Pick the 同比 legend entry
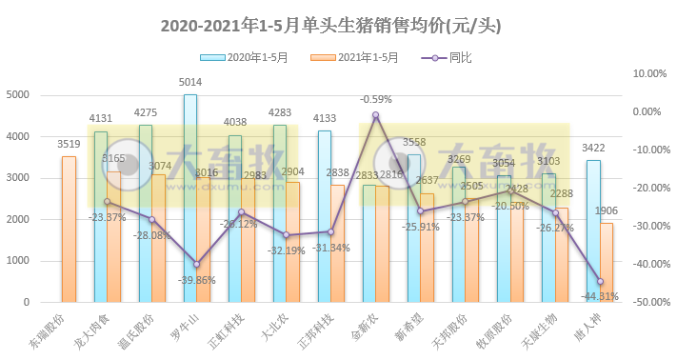(445, 58)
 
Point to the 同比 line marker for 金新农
(376, 114)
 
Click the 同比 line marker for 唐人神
(600, 281)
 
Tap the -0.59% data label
(376, 99)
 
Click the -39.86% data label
(197, 280)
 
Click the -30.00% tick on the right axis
(647, 226)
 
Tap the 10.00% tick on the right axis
(647, 73)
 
